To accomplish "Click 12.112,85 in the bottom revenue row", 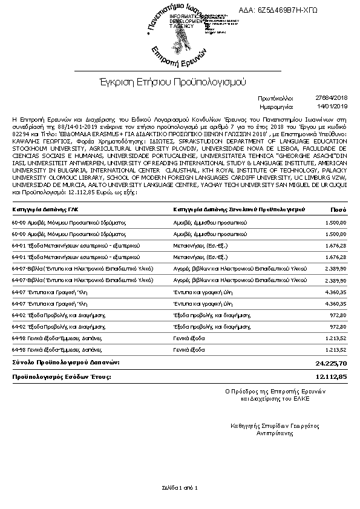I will point(332,376).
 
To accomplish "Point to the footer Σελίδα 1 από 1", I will point(180,487).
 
